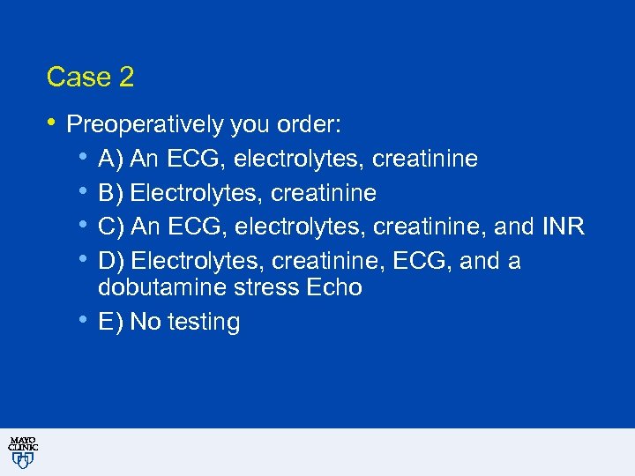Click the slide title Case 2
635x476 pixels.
90,78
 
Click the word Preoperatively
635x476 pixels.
145,125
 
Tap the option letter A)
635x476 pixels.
111,159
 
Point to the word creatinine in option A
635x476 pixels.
425,159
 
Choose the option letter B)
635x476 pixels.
111,192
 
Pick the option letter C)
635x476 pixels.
111,227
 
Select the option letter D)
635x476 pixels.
111,261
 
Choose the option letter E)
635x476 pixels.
111,323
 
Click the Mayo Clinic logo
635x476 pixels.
22,451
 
